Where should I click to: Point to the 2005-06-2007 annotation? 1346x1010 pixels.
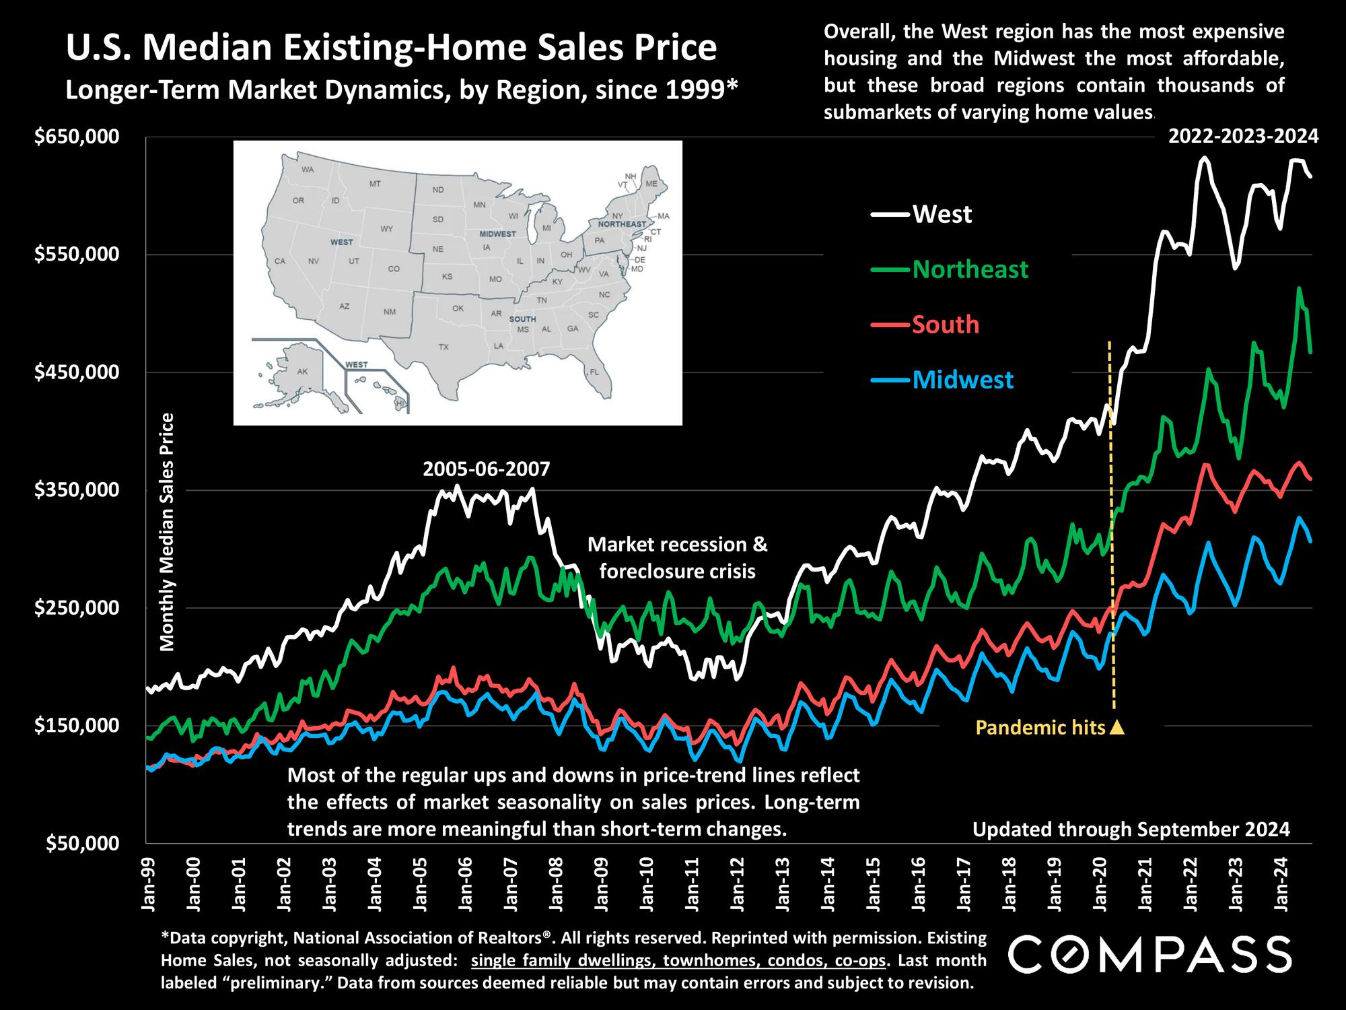[x=486, y=468]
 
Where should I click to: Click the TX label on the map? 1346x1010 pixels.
[x=443, y=347]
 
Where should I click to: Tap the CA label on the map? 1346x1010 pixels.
[x=281, y=261]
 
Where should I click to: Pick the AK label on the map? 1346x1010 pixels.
[x=302, y=371]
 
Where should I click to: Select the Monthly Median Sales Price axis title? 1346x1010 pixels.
[x=167, y=532]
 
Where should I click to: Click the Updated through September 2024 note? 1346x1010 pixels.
[x=1131, y=829]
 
